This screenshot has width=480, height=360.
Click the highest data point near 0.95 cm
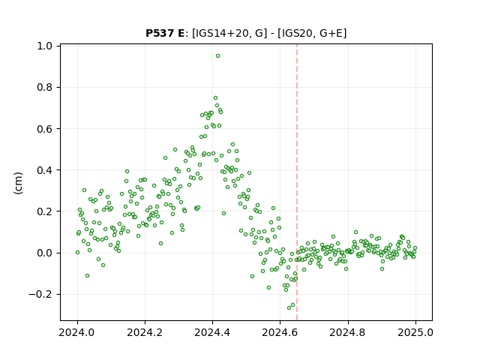pos(217,56)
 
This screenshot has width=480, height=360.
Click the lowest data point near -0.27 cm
pos(289,307)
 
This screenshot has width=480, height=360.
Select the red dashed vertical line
pos(297,182)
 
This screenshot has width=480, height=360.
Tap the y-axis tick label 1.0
pos(44,46)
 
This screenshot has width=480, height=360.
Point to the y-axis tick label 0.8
pos(44,87)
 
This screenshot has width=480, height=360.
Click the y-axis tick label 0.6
pos(44,129)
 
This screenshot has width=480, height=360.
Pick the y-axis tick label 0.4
pos(44,170)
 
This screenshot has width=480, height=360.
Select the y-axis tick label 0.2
pos(44,211)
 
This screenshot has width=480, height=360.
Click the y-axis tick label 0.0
pos(44,253)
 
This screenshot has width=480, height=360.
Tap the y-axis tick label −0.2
pos(40,295)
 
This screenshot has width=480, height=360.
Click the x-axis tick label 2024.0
pos(77,332)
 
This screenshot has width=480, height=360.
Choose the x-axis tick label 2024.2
pos(145,332)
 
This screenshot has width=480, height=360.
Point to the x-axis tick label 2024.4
pos(212,332)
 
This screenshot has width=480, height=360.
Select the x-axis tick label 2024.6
pos(280,332)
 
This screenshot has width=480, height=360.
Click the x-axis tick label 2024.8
pos(348,332)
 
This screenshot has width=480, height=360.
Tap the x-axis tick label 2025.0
pos(415,332)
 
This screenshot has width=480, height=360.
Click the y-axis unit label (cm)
pos(18,183)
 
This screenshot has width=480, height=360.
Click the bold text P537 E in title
pos(165,33)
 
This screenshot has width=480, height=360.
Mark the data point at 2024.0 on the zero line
pos(77,253)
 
